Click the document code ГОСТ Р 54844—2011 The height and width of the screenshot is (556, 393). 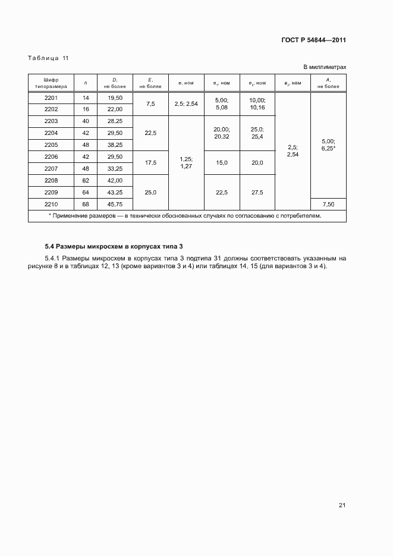pos(313,40)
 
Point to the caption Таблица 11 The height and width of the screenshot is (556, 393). pos(48,58)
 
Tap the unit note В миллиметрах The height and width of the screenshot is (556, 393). pos(325,67)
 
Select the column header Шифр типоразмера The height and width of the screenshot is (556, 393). pos(51,83)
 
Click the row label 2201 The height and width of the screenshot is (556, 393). pos(51,98)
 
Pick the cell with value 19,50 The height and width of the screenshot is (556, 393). pos(114,98)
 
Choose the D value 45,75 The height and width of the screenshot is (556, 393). pos(114,205)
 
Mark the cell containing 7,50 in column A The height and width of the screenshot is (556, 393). pos(328,205)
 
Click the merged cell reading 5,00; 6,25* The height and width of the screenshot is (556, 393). pos(328,145)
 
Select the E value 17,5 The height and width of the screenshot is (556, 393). pos(150,162)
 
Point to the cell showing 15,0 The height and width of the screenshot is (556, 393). pos(221,162)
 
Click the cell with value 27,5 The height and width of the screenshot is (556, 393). pos(257,192)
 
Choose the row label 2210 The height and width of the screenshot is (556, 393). pos(51,205)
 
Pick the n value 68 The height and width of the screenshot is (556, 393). pos(86,205)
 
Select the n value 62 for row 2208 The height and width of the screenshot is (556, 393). pos(86,180)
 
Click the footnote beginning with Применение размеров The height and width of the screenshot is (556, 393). pos(187,216)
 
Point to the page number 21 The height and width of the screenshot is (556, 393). pos(342,505)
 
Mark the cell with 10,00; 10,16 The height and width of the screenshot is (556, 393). pos(257,103)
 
